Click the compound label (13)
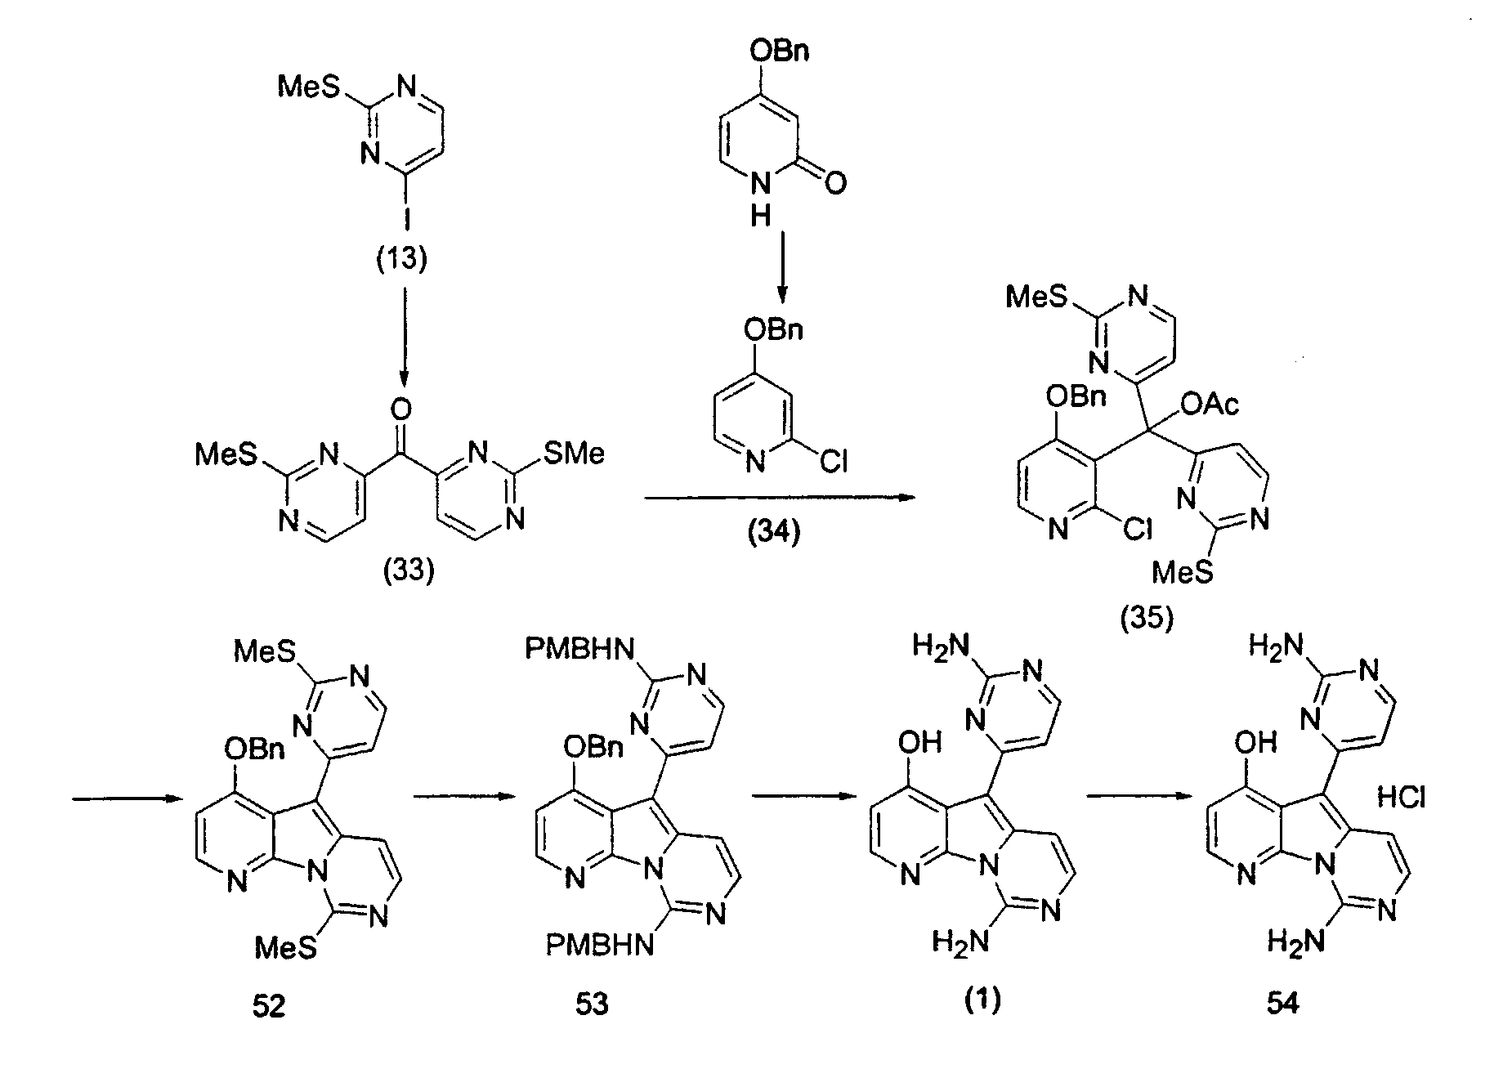[404, 259]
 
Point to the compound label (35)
[1147, 619]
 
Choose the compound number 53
[591, 1004]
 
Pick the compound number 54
[1282, 1004]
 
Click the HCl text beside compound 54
[1401, 796]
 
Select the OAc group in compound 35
[1210, 405]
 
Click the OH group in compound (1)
[919, 743]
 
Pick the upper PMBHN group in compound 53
[579, 651]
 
